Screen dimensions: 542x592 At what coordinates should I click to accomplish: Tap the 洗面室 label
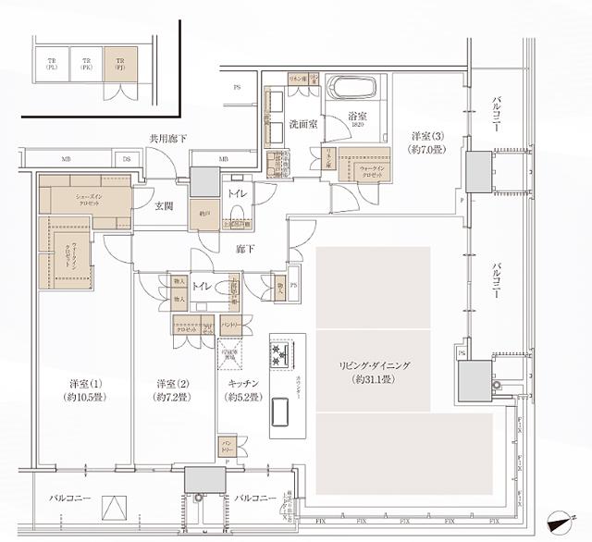pos(302,123)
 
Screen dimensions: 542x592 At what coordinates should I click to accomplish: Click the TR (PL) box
pos(51,62)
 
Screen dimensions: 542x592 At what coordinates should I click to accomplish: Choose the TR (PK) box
pos(85,62)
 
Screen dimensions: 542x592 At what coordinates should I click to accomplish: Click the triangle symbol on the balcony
pos(111,507)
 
